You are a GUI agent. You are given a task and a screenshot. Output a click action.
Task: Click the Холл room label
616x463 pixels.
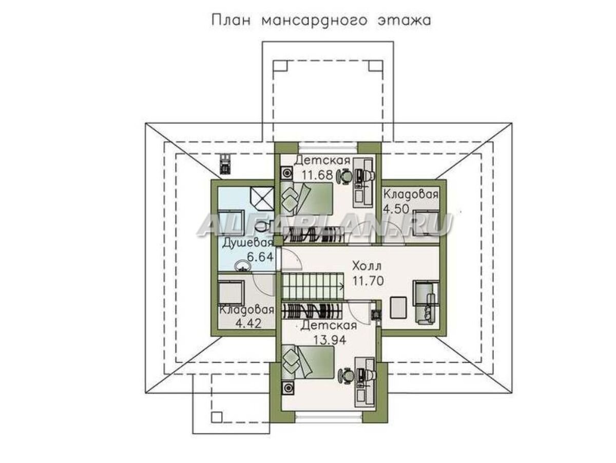click(x=367, y=266)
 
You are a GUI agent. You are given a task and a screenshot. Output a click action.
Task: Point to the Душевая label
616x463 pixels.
click(x=246, y=244)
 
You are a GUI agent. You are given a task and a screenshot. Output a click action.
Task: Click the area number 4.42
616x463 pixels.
click(x=248, y=323)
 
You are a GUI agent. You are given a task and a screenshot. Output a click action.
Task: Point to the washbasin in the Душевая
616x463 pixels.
click(x=241, y=266)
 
